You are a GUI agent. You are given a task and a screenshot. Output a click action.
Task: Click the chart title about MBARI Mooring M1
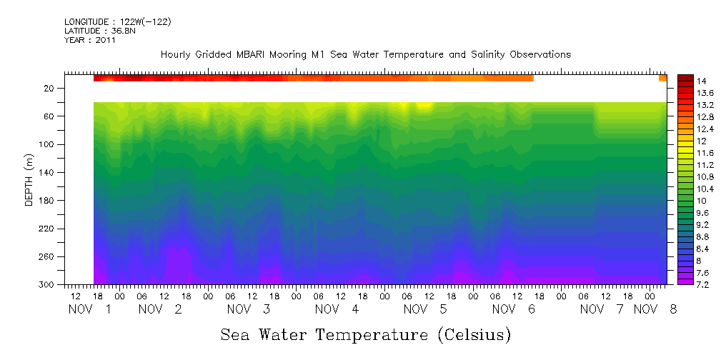365,55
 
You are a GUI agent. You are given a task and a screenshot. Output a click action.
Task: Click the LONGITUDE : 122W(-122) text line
117,22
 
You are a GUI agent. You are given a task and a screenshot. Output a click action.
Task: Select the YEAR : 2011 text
89,40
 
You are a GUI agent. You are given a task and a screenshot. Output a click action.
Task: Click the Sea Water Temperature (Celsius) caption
365,334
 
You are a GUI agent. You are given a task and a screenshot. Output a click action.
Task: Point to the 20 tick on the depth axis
50,89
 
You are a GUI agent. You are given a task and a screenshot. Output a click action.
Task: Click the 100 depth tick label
48,144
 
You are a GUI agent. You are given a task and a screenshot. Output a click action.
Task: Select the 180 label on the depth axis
48,201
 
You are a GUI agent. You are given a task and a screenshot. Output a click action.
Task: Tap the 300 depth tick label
48,285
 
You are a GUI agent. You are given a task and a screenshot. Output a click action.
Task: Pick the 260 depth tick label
48,257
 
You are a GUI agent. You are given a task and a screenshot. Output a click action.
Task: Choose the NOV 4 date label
337,309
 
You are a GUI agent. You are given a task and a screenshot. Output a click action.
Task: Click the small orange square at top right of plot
662,78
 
